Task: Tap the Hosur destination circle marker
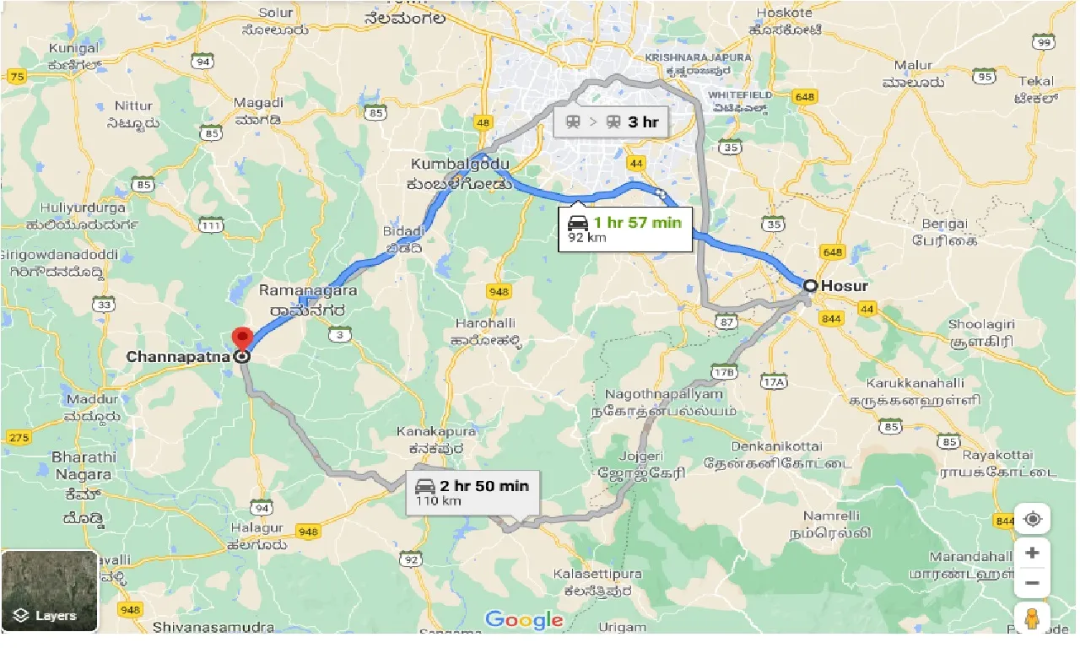[x=809, y=286]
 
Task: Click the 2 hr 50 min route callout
[x=472, y=492]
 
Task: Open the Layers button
[x=49, y=591]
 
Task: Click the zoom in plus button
[x=1032, y=553]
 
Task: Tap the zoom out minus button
[x=1032, y=583]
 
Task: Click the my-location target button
[x=1032, y=518]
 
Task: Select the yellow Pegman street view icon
[x=1032, y=619]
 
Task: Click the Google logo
[x=524, y=620]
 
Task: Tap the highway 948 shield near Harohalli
[x=498, y=292]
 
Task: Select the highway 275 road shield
[x=18, y=437]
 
